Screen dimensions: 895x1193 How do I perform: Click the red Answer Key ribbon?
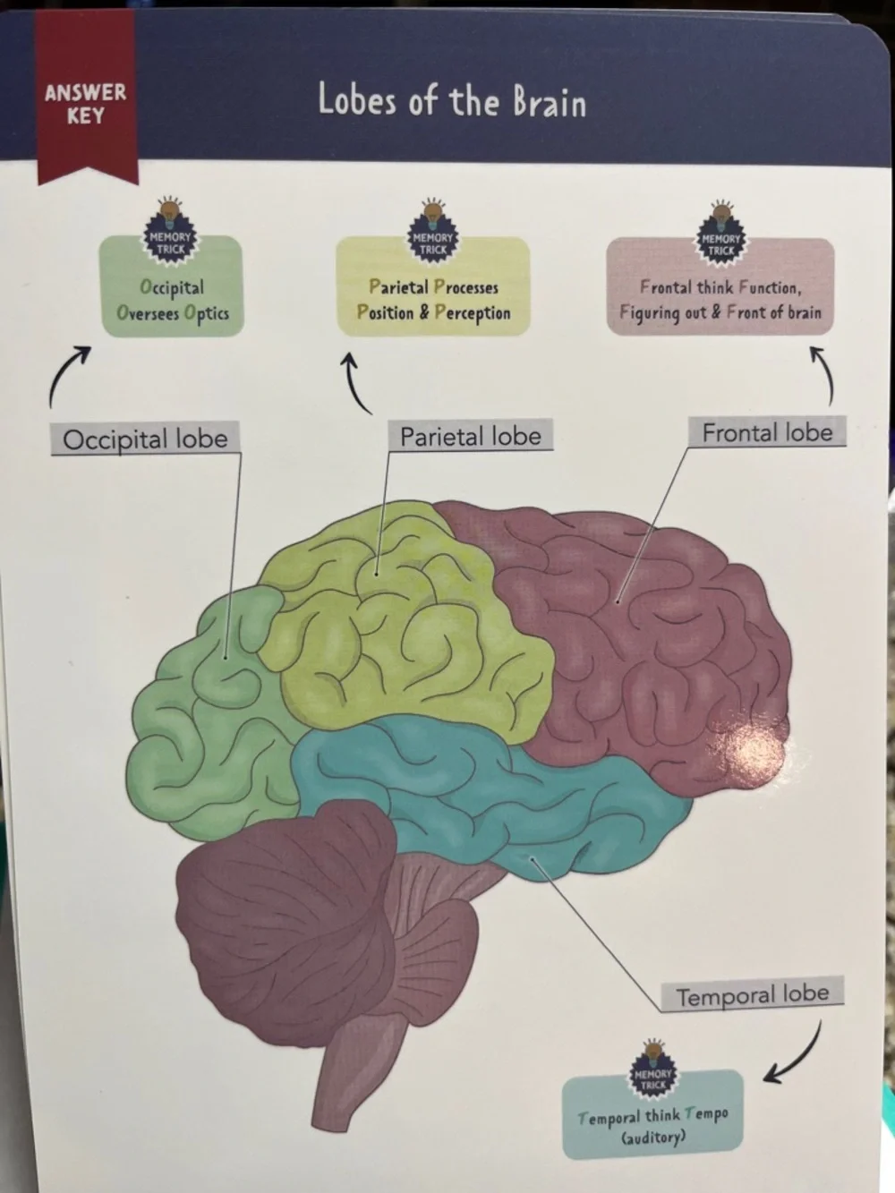point(86,98)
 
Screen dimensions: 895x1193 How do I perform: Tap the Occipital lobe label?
point(145,438)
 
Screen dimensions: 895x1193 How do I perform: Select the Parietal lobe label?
point(471,435)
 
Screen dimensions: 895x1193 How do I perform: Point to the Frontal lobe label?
point(767,432)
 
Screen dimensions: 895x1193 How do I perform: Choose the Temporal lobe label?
point(752,994)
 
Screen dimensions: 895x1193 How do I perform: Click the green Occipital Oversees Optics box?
point(172,286)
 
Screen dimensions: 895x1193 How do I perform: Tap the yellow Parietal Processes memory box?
point(433,286)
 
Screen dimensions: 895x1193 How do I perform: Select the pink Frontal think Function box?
point(720,286)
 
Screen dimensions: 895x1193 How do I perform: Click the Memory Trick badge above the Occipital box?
point(170,232)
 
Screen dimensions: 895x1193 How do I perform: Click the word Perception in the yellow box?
point(473,313)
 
